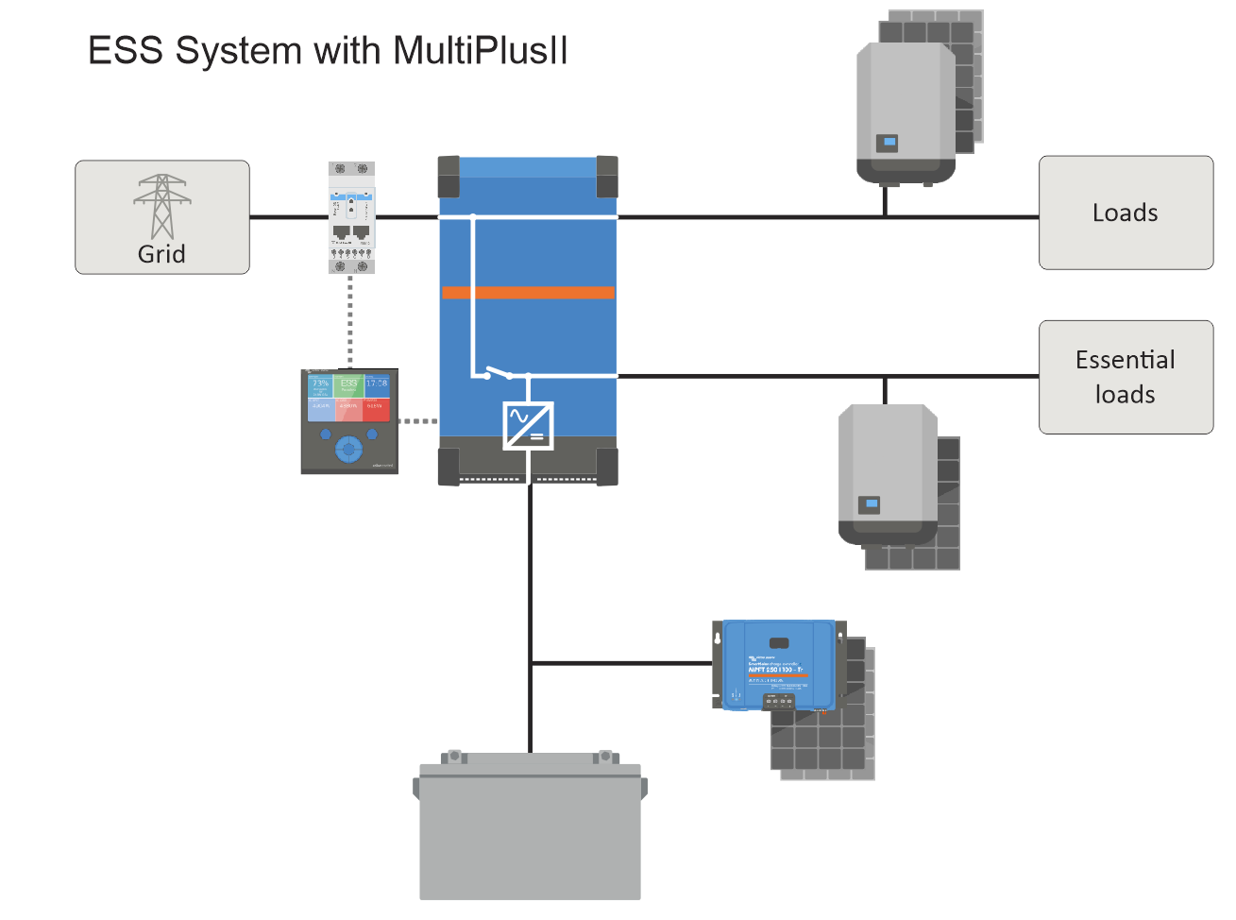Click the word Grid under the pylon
[x=161, y=254]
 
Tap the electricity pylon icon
[x=162, y=206]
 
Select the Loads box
[x=1126, y=213]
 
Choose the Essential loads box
[x=1126, y=377]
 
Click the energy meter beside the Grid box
[x=351, y=217]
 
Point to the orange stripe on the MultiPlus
[x=528, y=293]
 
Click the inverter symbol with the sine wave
[x=528, y=425]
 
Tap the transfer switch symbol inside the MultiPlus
[x=498, y=373]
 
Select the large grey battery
[x=530, y=831]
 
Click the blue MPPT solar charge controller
[x=778, y=665]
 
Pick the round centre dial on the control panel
[x=348, y=449]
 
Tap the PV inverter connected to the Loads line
[x=906, y=113]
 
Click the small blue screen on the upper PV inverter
[x=888, y=144]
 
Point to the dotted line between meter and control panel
[x=350, y=321]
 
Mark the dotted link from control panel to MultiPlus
[x=418, y=421]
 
